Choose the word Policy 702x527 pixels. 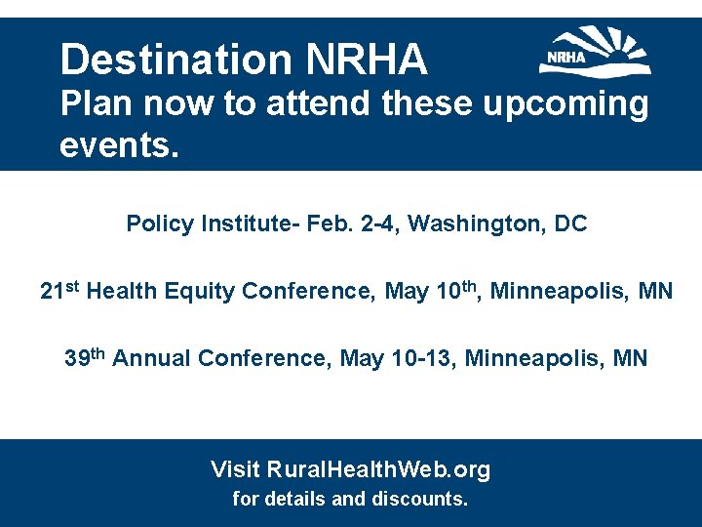(160, 223)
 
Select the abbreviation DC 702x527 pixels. (570, 223)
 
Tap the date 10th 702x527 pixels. (455, 290)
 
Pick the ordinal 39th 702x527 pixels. (84, 357)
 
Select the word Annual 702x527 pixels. (151, 358)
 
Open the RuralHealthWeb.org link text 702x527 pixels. (378, 469)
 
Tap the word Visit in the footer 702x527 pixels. (235, 469)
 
